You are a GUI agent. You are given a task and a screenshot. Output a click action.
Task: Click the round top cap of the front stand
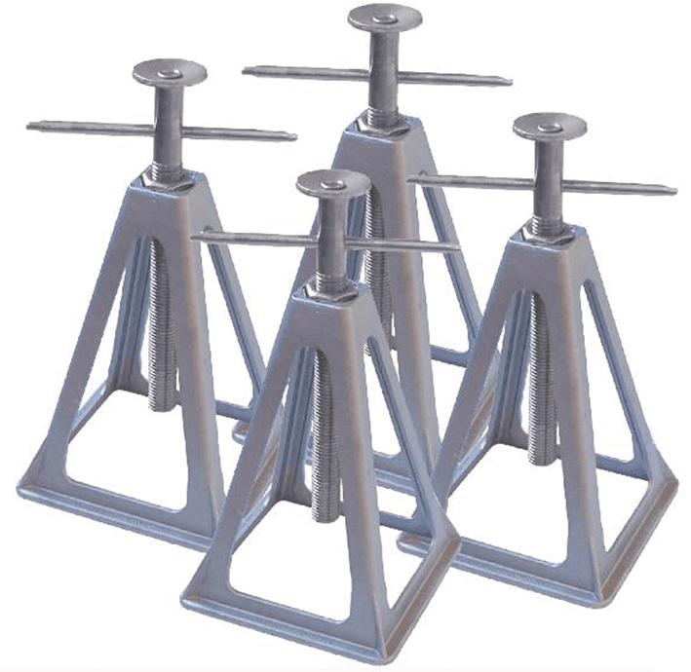[x=333, y=183]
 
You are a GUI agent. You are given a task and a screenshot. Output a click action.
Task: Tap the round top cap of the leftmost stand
[x=170, y=72]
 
